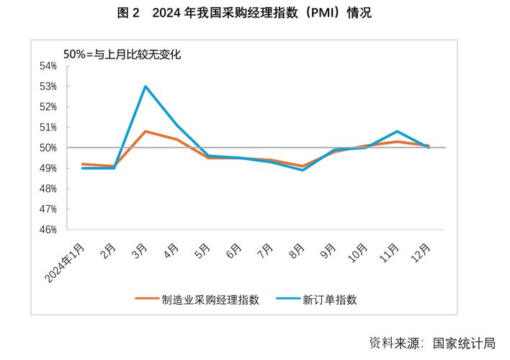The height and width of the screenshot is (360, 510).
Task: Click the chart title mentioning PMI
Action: tap(254, 12)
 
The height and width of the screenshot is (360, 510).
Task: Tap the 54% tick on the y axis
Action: tap(48, 66)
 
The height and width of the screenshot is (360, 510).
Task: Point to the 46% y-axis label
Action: tap(48, 230)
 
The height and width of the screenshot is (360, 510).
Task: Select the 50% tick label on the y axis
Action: tap(48, 148)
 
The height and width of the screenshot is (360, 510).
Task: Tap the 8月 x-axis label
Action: tap(296, 251)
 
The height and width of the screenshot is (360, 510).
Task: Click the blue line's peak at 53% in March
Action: tap(146, 86)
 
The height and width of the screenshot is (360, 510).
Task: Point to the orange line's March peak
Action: tap(146, 131)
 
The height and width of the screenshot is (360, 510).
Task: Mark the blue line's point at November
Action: tap(398, 131)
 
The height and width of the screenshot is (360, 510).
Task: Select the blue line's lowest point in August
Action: tap(303, 170)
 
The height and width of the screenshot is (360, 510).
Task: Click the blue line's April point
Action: tap(177, 125)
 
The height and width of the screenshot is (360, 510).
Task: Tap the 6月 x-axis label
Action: tap(233, 251)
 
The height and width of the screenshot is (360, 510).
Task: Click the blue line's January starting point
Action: tap(83, 168)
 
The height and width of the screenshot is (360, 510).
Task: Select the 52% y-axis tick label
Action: tap(48, 107)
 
